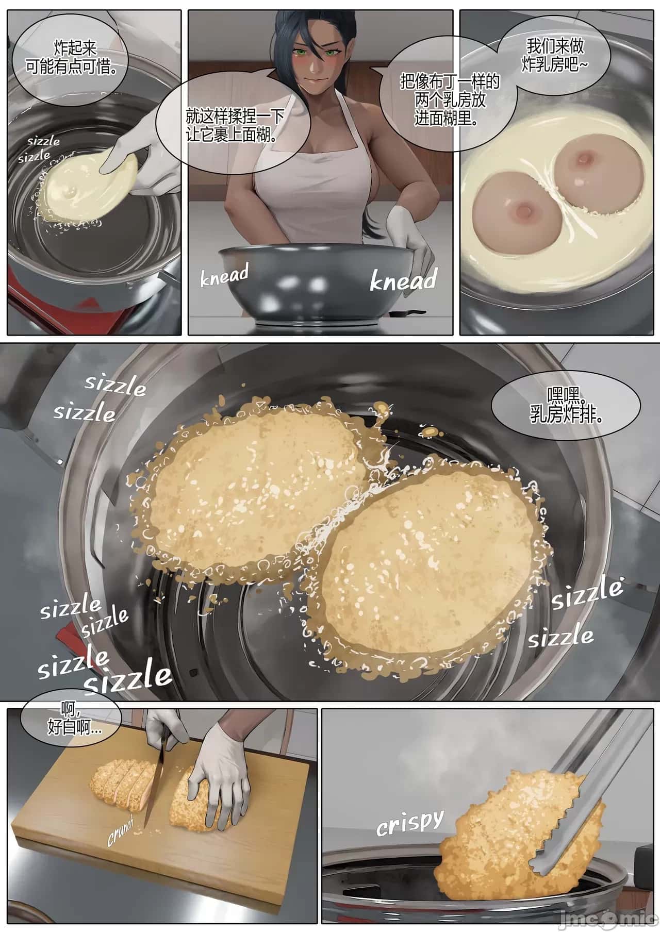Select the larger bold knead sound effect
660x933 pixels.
pyautogui.click(x=403, y=280)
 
